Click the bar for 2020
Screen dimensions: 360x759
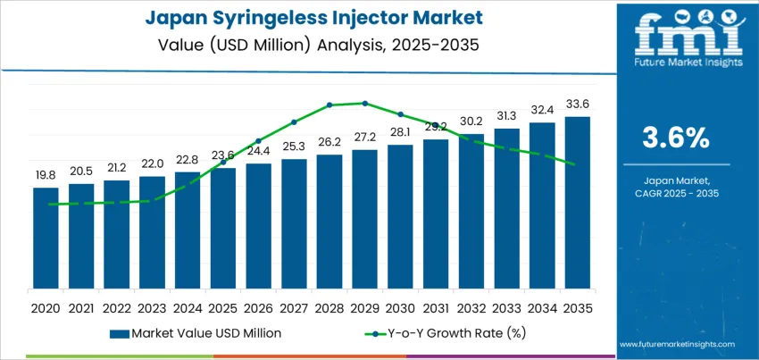[46, 239]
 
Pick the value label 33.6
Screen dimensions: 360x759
[578, 105]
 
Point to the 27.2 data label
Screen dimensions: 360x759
[364, 138]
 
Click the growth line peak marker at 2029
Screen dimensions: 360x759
[364, 103]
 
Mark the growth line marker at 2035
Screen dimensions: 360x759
[577, 163]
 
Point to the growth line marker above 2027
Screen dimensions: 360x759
[294, 122]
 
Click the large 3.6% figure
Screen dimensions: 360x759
[676, 138]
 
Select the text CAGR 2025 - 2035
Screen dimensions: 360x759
[676, 193]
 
